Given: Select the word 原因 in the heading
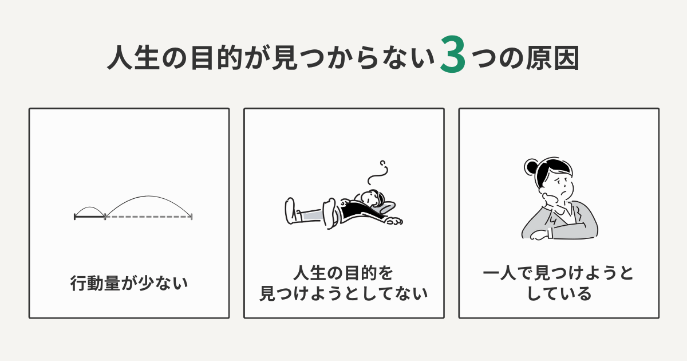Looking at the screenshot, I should point(555,60).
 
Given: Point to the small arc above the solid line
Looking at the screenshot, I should point(90,209).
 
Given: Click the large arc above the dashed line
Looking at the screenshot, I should point(148,198).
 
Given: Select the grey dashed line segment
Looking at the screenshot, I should point(148,217).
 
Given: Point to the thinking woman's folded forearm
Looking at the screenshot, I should point(555,233).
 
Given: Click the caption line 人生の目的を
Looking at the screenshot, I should point(343,272).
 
